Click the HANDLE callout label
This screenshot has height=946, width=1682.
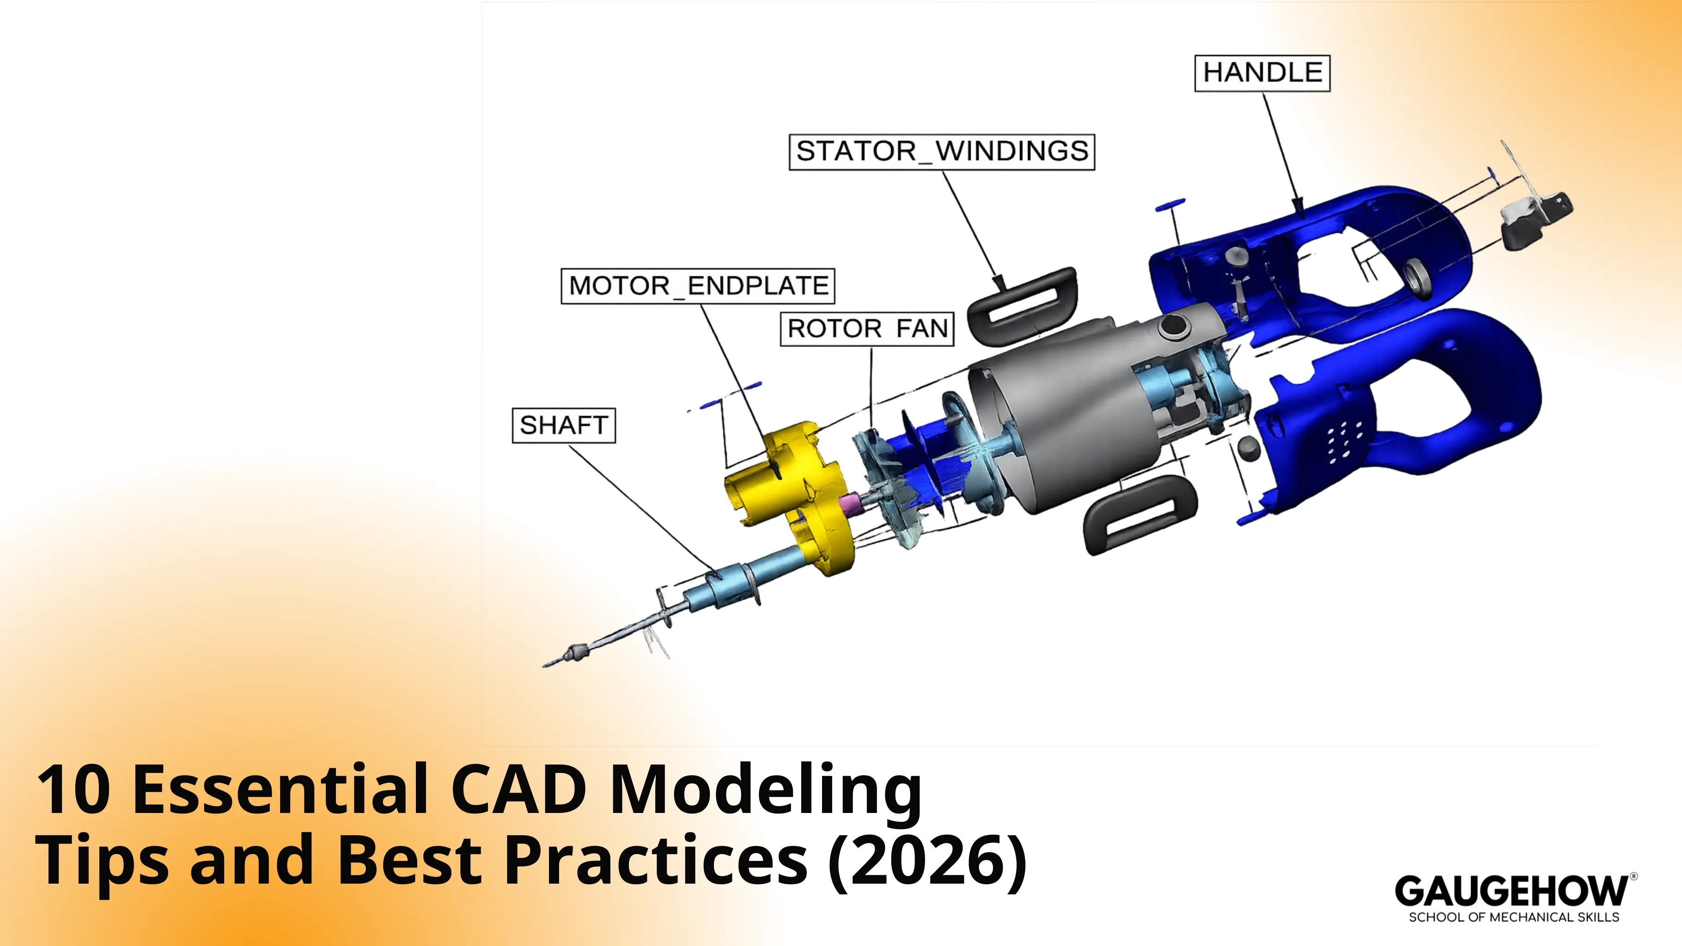1261,73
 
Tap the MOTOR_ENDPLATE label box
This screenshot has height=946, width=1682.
697,286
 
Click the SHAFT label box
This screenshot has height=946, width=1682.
563,425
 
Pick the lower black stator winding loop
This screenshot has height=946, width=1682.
1140,514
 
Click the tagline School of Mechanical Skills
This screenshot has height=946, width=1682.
1513,917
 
